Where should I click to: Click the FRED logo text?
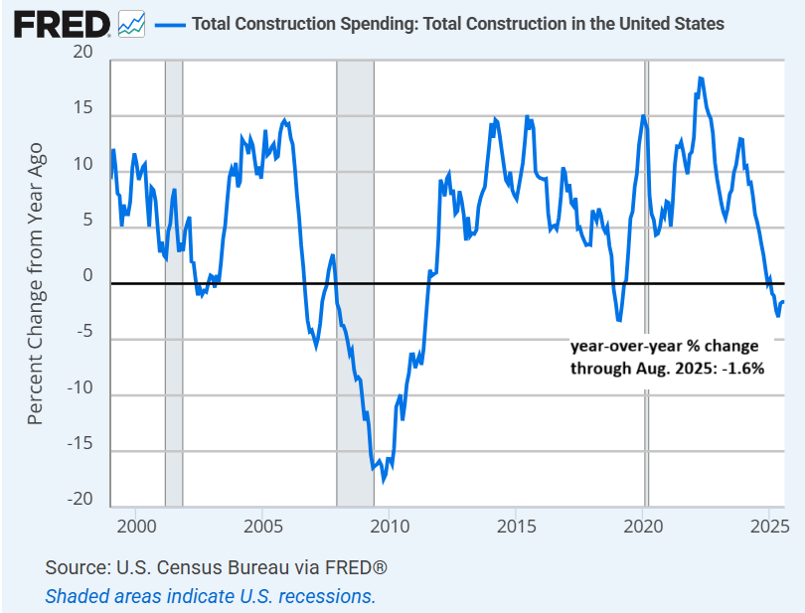[62, 24]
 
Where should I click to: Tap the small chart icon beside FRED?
[131, 24]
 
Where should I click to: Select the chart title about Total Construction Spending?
[457, 24]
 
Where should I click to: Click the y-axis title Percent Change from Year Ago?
[36, 282]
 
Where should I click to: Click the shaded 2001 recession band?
[174, 298]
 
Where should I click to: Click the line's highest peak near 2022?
[701, 78]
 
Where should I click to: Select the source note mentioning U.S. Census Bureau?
[216, 568]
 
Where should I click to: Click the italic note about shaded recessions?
[211, 596]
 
